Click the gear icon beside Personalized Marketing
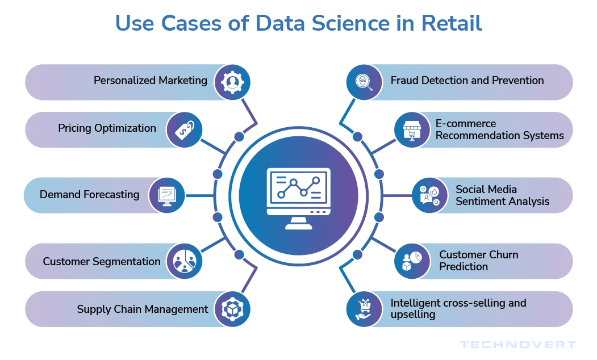(x=232, y=82)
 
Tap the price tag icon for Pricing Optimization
(x=184, y=129)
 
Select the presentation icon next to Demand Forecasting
(x=167, y=195)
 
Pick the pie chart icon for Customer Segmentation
(x=184, y=261)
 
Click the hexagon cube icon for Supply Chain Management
(x=232, y=309)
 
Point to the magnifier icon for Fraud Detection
(x=364, y=82)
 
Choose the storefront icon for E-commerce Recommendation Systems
(x=412, y=129)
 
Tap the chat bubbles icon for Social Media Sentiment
(x=429, y=195)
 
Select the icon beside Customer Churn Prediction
(x=412, y=261)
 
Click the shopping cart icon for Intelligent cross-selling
(x=364, y=309)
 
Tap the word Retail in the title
(x=452, y=23)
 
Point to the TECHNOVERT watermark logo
(x=517, y=345)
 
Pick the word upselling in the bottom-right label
(x=413, y=315)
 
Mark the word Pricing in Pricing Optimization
(x=76, y=128)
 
